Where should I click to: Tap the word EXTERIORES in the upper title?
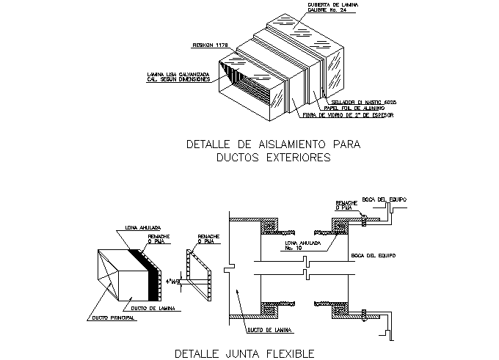[292, 157]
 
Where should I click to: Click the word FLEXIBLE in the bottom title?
[286, 353]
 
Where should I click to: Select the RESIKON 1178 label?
[211, 45]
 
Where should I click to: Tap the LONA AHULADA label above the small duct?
[142, 228]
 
